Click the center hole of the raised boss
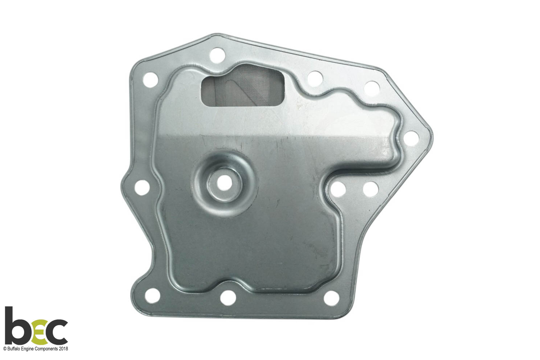[222, 183]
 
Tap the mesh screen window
[243, 91]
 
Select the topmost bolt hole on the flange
[217, 55]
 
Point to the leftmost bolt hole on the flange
[142, 187]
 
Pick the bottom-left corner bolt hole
[153, 295]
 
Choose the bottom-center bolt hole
[228, 298]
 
